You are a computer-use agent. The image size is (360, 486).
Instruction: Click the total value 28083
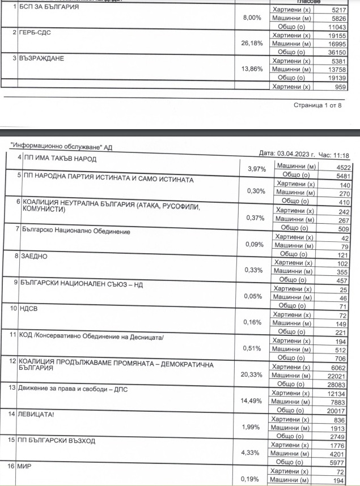coord(335,384)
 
